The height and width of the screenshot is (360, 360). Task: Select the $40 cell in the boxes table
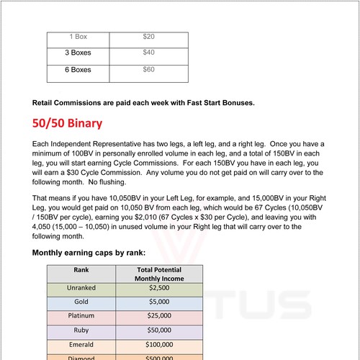149,53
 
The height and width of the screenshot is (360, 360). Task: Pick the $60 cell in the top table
149,70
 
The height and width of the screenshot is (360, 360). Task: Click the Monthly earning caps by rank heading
89,253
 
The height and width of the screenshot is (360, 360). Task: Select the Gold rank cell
81,304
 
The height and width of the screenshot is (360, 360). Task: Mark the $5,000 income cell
159,304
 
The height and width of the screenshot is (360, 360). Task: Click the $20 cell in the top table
149,36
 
